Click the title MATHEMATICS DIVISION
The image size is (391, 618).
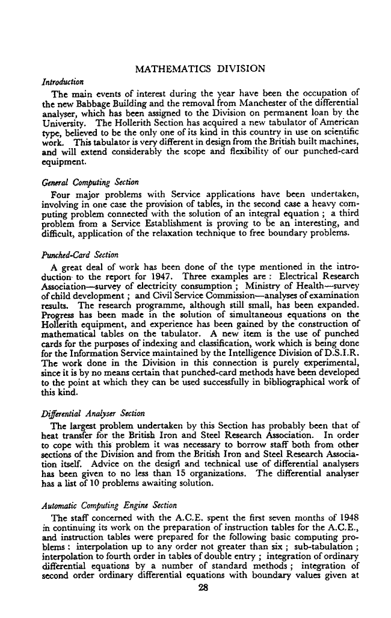point(200,69)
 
